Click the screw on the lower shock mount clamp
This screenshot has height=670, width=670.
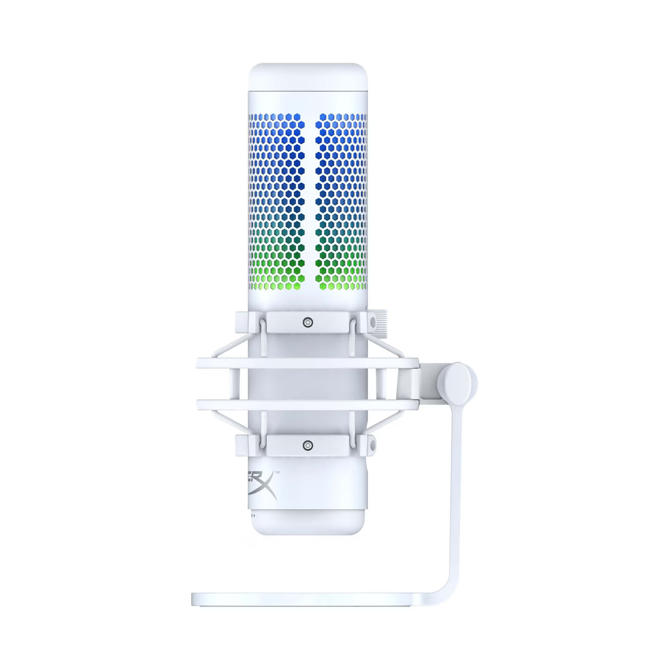(306, 444)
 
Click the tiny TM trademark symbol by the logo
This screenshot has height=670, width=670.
(276, 472)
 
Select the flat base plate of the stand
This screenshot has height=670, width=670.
(313, 598)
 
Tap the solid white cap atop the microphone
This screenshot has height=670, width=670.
(308, 81)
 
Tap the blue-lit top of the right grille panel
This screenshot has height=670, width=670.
(338, 126)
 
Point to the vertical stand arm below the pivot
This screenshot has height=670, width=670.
(459, 479)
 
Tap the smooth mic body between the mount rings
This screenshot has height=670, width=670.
(308, 383)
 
